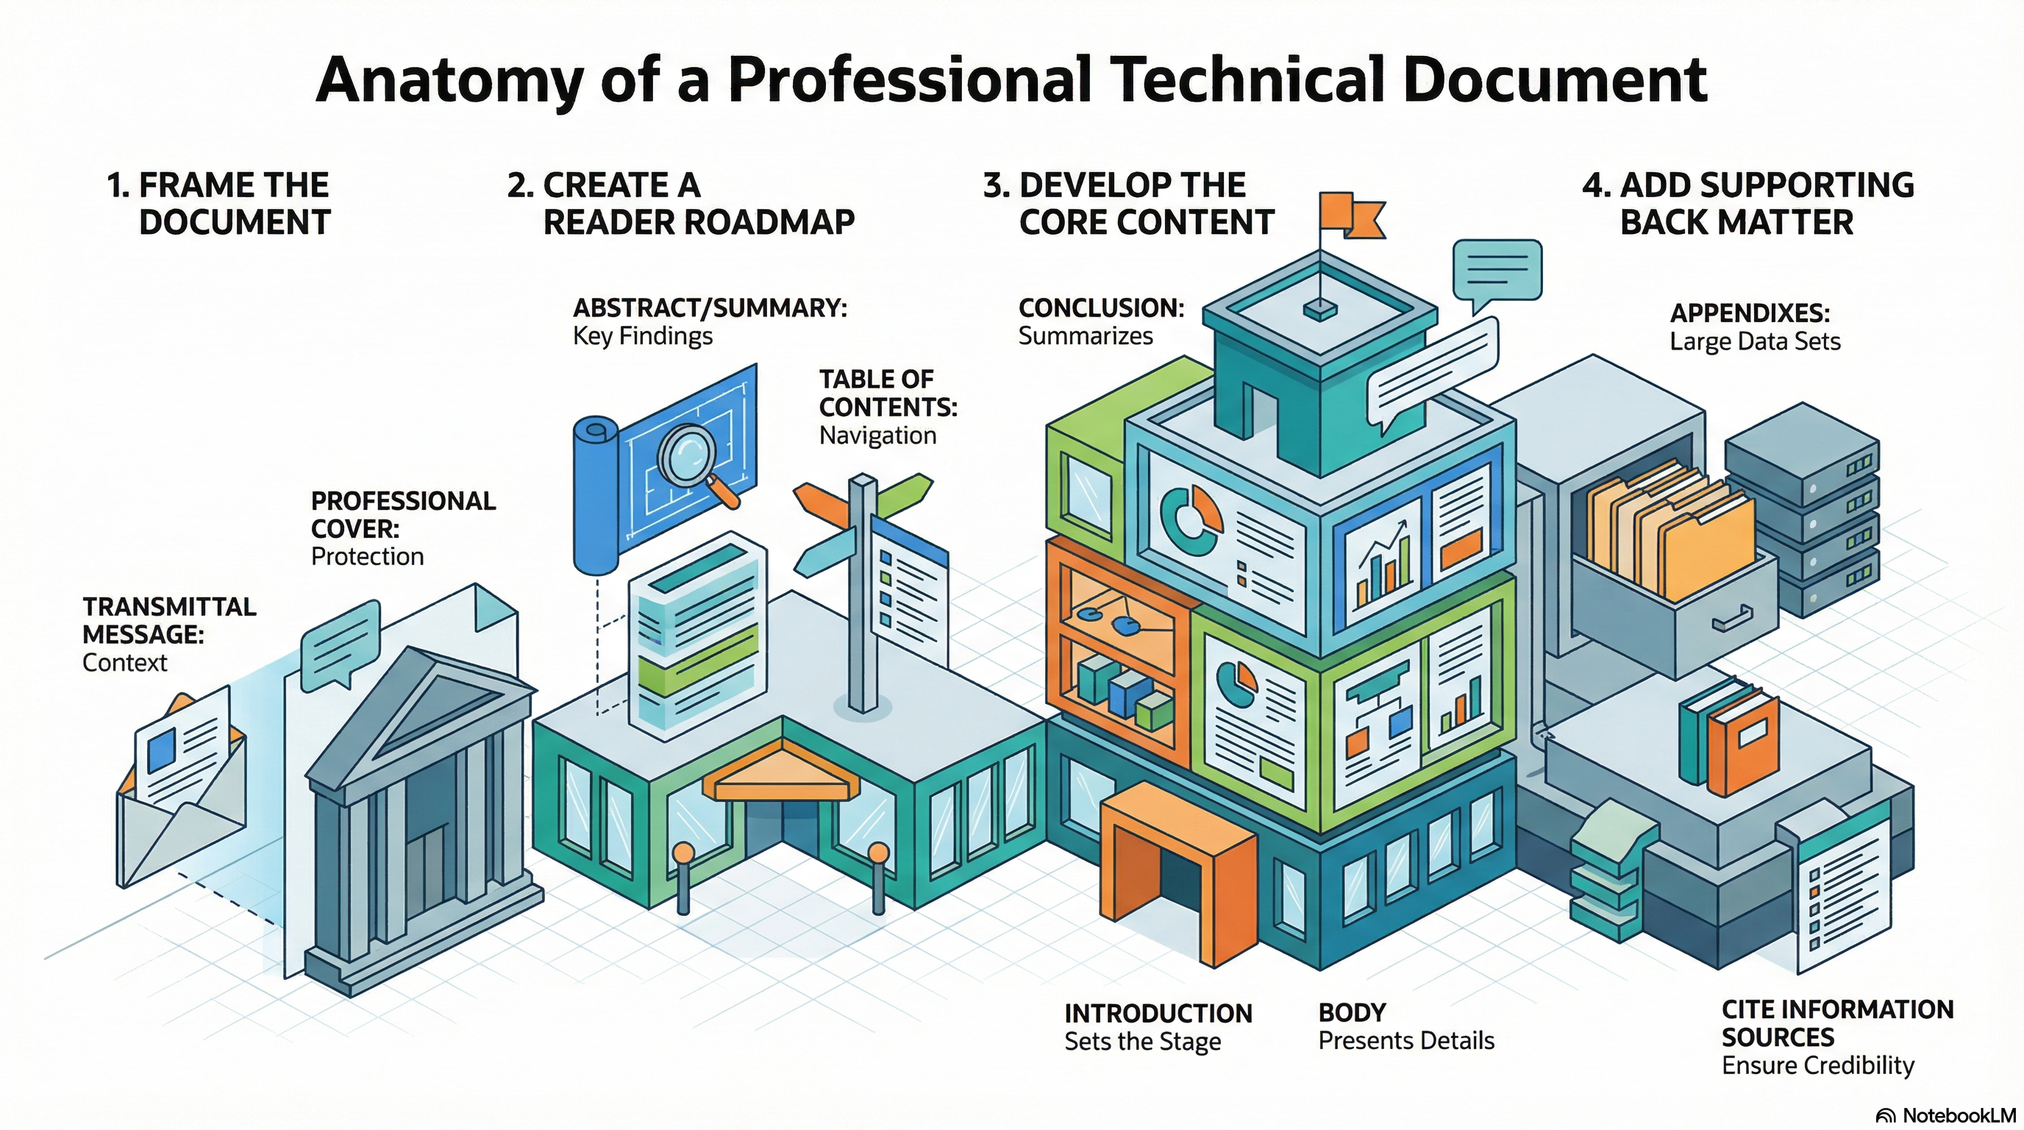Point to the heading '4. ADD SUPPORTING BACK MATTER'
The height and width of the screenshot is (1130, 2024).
[x=1747, y=204]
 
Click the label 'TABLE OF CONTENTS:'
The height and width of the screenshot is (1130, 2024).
[x=888, y=393]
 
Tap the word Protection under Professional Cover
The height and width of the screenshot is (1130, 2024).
[x=367, y=556]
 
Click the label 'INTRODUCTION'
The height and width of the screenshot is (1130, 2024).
[x=1158, y=1014]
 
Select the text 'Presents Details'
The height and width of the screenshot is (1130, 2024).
[x=1405, y=1040]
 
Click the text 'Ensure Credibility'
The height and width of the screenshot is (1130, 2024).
[x=1817, y=1065]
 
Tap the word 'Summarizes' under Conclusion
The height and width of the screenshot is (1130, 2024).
[x=1085, y=336]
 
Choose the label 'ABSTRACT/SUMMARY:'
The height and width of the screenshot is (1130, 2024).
[x=710, y=308]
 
